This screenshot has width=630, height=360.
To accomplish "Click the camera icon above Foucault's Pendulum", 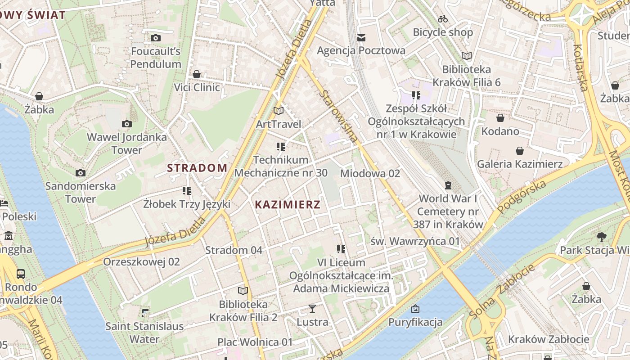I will click(156, 38).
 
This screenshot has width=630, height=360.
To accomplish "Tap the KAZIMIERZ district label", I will click(288, 205).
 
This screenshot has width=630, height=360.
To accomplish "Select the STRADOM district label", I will click(197, 168).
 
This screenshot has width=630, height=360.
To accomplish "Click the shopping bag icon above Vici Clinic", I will click(197, 74).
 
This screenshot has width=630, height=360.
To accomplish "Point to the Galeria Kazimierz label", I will click(520, 164).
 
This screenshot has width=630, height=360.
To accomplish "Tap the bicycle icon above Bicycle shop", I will click(443, 19).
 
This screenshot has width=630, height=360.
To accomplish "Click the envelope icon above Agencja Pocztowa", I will click(361, 38).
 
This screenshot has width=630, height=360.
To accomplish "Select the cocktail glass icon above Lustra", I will click(312, 309).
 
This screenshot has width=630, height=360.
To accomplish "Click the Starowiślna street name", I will click(340, 117).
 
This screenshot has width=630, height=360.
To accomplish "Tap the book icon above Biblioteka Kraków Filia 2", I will click(243, 291).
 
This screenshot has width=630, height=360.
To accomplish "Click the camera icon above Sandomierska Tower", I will click(81, 173).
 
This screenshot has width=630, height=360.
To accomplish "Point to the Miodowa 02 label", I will click(370, 173).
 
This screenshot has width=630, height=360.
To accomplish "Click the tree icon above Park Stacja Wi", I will click(601, 237).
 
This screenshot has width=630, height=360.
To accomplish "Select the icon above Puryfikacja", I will click(415, 309).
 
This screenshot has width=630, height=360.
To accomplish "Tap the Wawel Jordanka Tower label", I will click(126, 143).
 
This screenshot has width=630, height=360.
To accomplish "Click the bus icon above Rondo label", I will click(21, 274).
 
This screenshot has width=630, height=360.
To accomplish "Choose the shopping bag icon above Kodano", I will click(500, 118).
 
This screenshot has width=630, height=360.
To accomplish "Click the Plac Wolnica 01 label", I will click(255, 342).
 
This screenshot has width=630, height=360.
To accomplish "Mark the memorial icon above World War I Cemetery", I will click(448, 185).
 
